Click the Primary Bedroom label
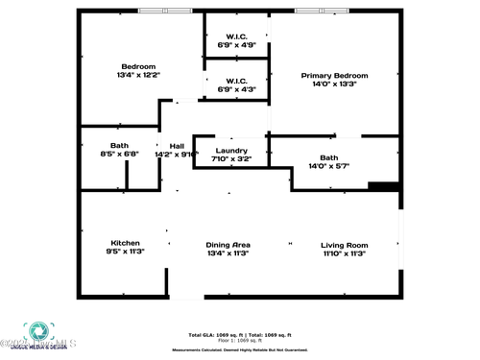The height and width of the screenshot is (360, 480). [x=334, y=75]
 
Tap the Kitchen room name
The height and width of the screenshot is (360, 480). [x=125, y=244]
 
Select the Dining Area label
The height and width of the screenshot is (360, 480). [x=228, y=245]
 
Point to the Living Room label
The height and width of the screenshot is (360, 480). [x=344, y=245]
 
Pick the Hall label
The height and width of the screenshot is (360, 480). [x=177, y=146]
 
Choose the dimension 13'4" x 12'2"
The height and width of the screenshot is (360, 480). [x=138, y=74]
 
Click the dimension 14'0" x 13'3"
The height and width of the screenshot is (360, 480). [x=334, y=84]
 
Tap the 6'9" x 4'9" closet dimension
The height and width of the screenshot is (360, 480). [x=236, y=45]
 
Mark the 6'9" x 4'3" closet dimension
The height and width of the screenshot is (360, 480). [x=236, y=89]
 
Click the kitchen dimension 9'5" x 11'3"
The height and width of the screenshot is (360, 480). [x=125, y=252]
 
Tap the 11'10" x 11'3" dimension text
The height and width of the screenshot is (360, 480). [x=344, y=253]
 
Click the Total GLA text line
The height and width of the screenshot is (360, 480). [x=240, y=335]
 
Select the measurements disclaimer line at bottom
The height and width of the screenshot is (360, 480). [x=240, y=349]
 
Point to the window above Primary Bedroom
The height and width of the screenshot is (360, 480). [x=320, y=11]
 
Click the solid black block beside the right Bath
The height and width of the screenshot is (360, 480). [x=383, y=186]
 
